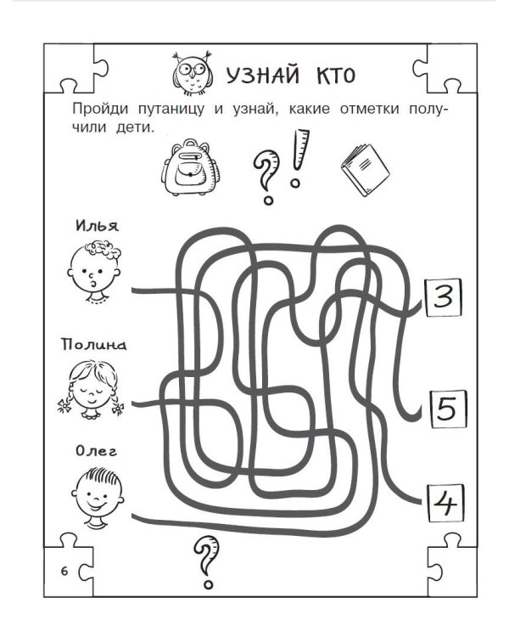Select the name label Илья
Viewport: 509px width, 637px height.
97,227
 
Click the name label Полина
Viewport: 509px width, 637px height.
93,346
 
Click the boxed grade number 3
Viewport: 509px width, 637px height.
442,298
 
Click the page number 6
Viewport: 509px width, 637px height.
64,568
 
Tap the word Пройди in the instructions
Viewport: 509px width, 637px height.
101,110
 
